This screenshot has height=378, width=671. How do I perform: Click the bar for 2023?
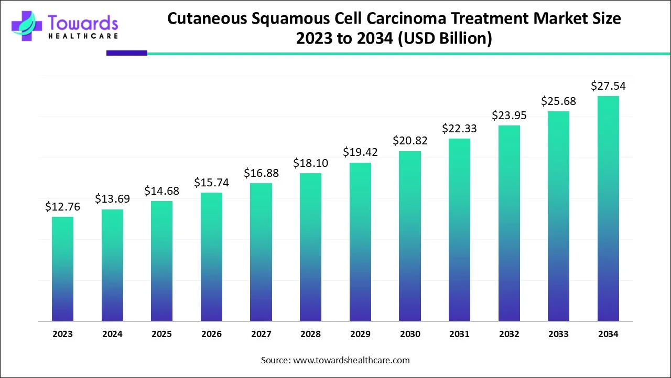click(62, 268)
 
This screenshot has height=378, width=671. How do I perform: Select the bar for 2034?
click(608, 208)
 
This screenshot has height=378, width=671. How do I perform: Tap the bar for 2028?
click(310, 247)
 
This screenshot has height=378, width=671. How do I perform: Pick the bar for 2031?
click(459, 229)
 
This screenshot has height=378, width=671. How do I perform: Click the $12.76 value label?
click(62, 207)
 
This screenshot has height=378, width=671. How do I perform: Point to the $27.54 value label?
click(608, 86)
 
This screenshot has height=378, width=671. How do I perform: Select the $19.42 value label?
click(360, 152)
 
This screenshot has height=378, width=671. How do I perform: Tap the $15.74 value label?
click(211, 183)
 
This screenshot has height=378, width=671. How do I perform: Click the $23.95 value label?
click(509, 115)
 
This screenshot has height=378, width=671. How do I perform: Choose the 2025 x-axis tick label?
click(161, 334)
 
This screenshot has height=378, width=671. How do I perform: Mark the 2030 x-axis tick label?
click(409, 334)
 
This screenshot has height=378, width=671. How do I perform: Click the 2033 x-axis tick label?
click(558, 334)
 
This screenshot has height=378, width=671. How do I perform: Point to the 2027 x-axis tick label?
click(261, 334)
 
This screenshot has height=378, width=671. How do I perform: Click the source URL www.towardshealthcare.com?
click(352, 360)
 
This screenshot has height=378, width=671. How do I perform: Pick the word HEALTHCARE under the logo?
click(83, 36)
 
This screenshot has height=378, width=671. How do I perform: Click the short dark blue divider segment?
click(127, 53)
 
